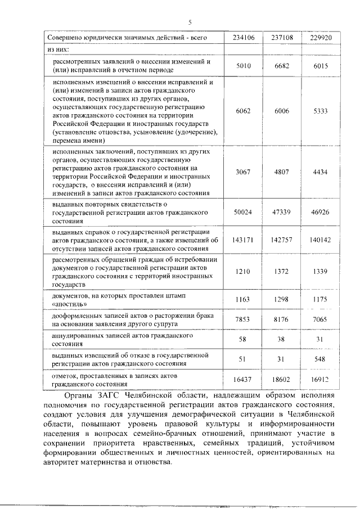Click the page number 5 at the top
click(190, 22)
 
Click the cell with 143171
click(244, 239)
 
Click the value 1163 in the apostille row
click(242, 299)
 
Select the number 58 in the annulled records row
click(242, 339)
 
